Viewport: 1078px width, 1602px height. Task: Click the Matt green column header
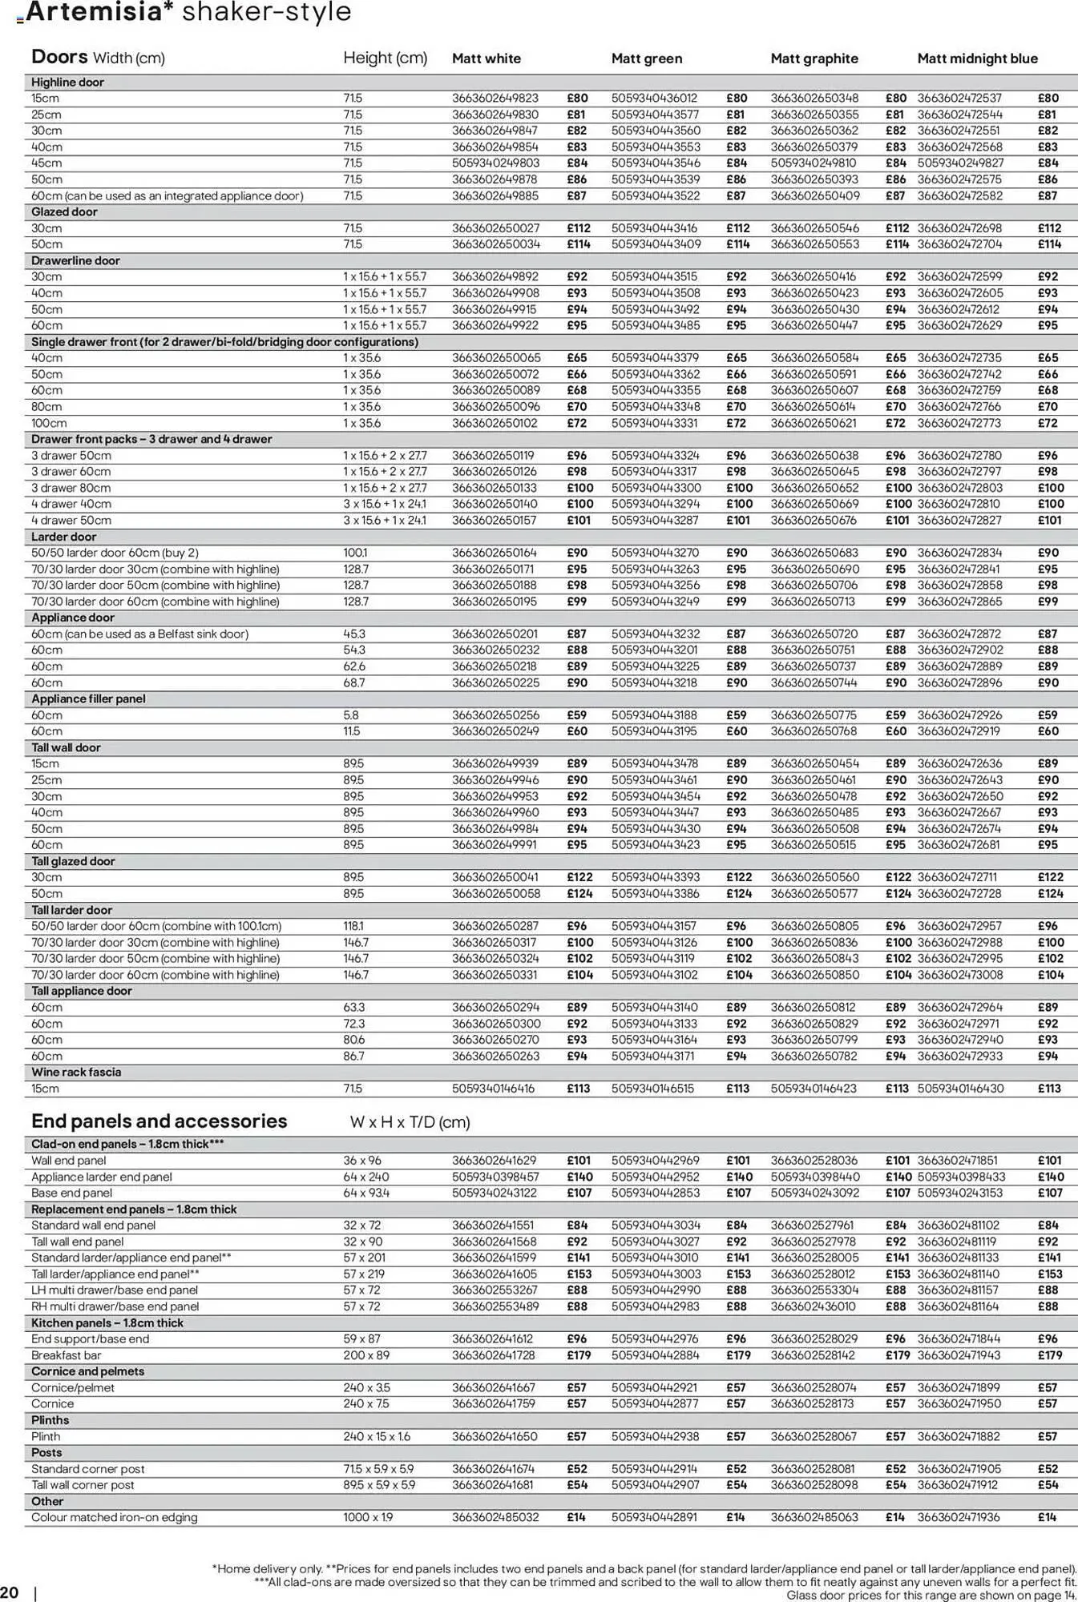pyautogui.click(x=646, y=58)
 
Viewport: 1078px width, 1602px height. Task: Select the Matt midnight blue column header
pyautogui.click(x=977, y=58)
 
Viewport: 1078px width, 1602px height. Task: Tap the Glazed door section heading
pyautogui.click(x=64, y=212)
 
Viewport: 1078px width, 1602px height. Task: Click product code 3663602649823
pyautogui.click(x=495, y=99)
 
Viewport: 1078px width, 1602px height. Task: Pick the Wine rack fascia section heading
pyautogui.click(x=76, y=1073)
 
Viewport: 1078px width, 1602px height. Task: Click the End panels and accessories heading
pyautogui.click(x=159, y=1121)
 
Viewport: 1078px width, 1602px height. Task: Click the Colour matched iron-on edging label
pyautogui.click(x=114, y=1518)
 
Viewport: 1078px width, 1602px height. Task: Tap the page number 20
pyautogui.click(x=10, y=1591)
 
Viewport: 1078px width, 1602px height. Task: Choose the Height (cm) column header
pyautogui.click(x=385, y=58)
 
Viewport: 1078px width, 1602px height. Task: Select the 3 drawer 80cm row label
pyautogui.click(x=71, y=488)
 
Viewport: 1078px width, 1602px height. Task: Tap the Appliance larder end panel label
pyautogui.click(x=102, y=1177)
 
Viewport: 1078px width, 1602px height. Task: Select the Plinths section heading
pyautogui.click(x=50, y=1420)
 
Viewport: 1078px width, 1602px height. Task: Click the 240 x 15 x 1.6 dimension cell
pyautogui.click(x=377, y=1437)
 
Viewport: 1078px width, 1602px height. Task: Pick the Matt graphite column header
pyautogui.click(x=814, y=58)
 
